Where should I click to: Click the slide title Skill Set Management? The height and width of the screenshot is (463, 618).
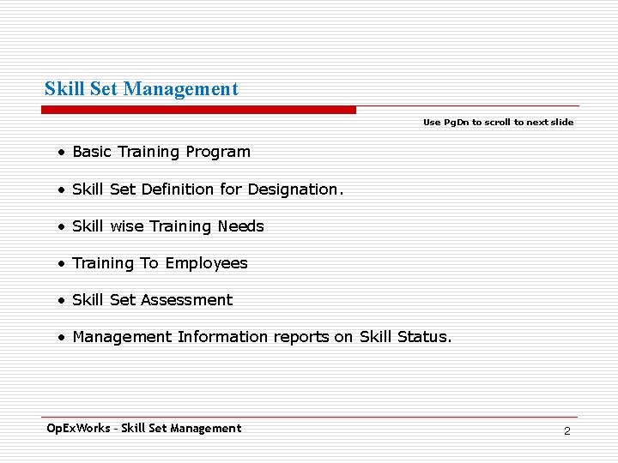(142, 89)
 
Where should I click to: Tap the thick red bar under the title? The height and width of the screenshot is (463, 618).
(199, 110)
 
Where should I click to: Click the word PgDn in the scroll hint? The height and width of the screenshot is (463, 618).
(456, 123)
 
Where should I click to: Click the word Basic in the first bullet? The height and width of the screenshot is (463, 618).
(92, 153)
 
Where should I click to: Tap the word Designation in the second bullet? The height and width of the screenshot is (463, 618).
(294, 189)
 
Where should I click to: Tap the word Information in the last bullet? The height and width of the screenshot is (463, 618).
(223, 337)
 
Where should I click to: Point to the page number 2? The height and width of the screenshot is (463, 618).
(566, 430)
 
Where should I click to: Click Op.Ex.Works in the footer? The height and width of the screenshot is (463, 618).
(77, 428)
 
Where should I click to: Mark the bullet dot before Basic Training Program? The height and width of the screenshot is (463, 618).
(62, 153)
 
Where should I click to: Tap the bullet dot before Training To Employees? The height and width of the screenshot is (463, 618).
(62, 264)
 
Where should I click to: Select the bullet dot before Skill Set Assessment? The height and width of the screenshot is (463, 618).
(62, 301)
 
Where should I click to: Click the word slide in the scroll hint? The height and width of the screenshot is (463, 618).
(562, 123)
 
